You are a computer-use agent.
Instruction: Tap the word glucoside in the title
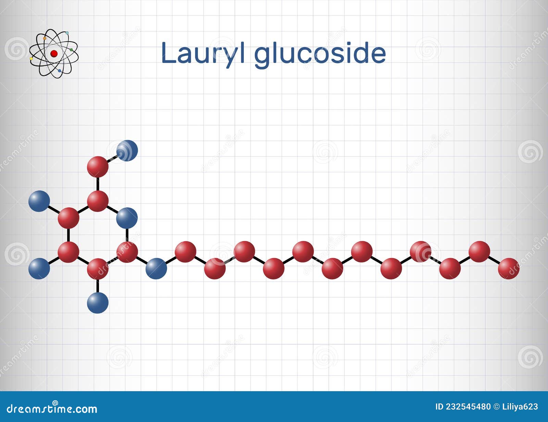click(320, 54)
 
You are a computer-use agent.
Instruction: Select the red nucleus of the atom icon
click(54, 53)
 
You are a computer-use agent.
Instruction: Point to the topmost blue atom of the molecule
click(127, 150)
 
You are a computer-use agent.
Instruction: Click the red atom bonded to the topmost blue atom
click(98, 167)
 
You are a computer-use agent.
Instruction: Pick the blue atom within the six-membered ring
click(127, 218)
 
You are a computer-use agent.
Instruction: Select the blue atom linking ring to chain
click(156, 269)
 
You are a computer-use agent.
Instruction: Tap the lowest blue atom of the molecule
click(98, 303)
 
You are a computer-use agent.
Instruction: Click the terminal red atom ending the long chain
click(509, 269)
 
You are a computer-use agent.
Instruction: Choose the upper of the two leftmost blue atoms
click(39, 201)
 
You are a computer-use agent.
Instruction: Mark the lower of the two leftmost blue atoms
click(39, 269)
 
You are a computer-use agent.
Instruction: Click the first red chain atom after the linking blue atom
click(185, 252)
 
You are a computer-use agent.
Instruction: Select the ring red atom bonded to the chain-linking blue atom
click(127, 252)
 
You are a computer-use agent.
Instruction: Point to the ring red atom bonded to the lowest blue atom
click(98, 269)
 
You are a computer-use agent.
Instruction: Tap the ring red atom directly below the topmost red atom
click(98, 201)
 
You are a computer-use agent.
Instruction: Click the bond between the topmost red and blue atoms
click(113, 158)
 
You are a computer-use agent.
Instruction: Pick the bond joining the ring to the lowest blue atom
click(98, 285)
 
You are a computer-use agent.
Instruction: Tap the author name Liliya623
click(520, 407)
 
